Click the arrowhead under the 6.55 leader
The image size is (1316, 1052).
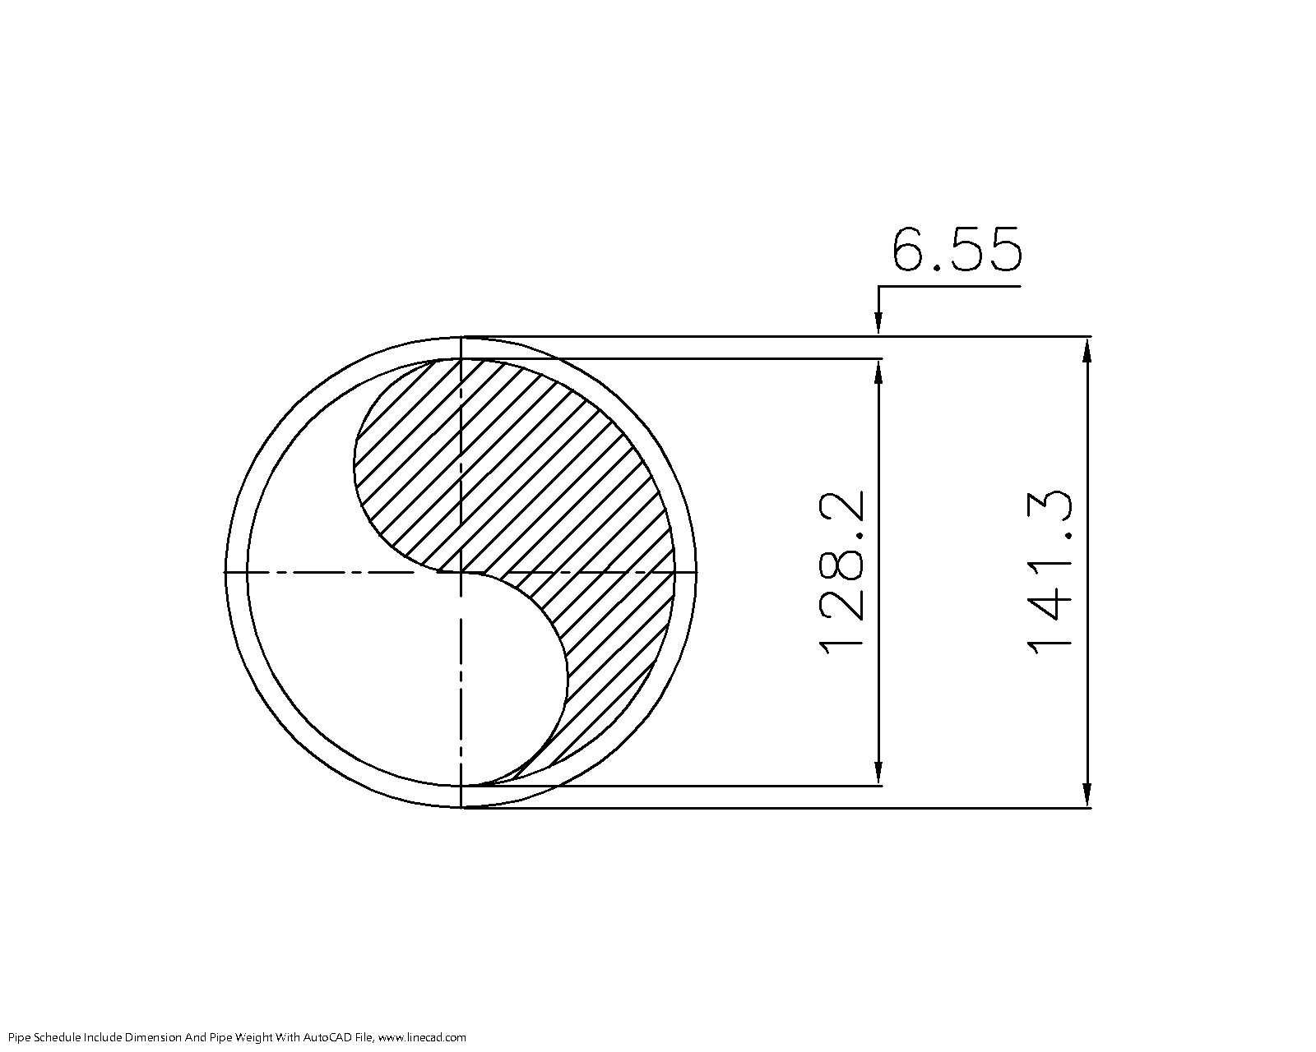coord(878,324)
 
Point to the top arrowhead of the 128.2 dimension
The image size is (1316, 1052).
coord(878,371)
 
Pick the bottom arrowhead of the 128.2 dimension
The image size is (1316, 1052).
coord(878,773)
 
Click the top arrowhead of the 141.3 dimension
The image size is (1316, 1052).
coord(1087,350)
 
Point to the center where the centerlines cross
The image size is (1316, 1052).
coord(461,571)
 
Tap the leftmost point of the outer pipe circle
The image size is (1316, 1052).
coord(225,572)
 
